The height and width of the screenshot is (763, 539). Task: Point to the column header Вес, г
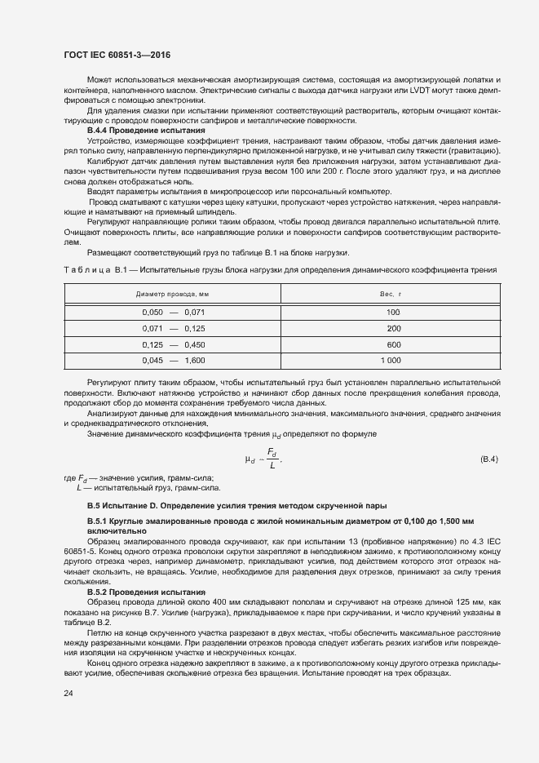tap(393, 292)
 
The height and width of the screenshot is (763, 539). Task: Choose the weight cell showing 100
tap(393, 313)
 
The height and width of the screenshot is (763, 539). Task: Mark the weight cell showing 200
tap(393, 328)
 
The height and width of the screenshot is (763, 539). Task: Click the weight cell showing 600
tap(393, 344)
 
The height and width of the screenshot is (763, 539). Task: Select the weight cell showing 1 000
tap(391, 360)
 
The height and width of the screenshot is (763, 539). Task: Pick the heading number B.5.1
tap(98, 521)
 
